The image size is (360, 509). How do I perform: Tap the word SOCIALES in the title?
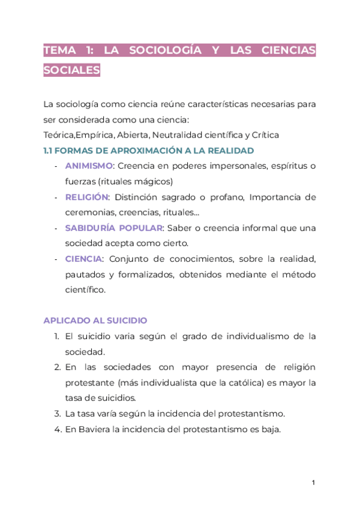[x=71, y=70]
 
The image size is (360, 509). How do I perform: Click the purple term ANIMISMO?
[x=89, y=166]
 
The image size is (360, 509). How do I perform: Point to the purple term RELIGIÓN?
[x=87, y=197]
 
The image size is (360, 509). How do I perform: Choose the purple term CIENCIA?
[x=84, y=259]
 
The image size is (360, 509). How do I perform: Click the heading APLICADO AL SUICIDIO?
[x=95, y=321]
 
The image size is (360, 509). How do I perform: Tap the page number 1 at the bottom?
[x=313, y=483]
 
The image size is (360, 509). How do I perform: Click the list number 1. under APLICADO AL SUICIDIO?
[x=57, y=336]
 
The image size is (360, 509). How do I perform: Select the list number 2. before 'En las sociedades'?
[x=57, y=367]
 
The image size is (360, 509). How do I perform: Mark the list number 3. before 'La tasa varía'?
[x=57, y=414]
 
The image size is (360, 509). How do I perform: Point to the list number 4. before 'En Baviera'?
[x=57, y=429]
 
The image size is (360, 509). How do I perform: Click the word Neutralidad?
[x=177, y=134]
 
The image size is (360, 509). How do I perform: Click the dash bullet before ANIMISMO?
[x=56, y=166]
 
